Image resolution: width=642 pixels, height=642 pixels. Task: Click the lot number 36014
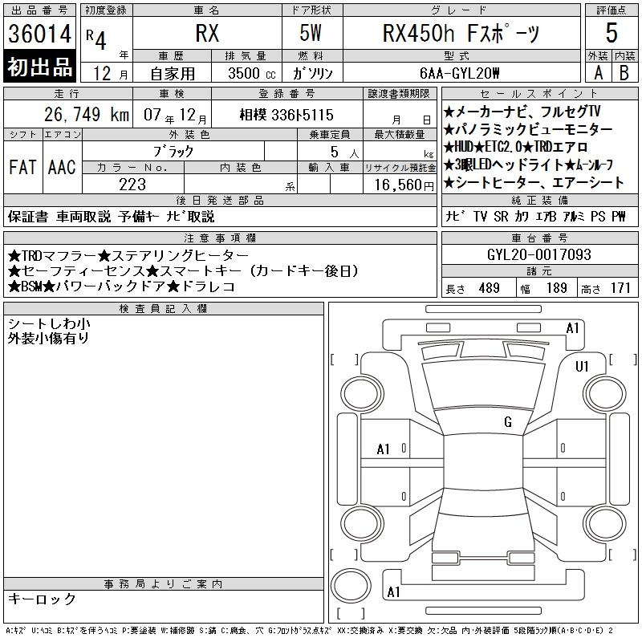coord(39,34)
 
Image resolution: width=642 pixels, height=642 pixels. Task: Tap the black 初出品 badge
coord(39,66)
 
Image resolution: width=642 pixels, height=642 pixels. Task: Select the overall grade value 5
coord(612,33)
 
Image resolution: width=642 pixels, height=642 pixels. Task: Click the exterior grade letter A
coord(598,73)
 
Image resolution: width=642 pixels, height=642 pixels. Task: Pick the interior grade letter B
coord(624,73)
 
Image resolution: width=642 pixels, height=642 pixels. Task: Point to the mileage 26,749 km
coord(87,115)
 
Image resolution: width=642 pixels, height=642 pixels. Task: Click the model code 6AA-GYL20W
coord(460,73)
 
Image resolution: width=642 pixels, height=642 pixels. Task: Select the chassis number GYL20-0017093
coord(539,254)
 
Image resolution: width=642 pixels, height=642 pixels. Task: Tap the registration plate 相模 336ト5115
coord(286,115)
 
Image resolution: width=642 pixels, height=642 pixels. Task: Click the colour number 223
coord(132,185)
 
